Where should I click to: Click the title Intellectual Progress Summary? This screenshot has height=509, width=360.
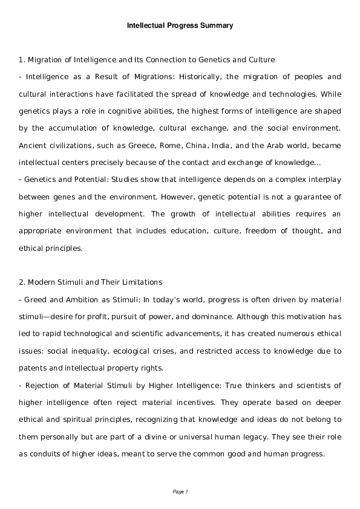pyautogui.click(x=180, y=26)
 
